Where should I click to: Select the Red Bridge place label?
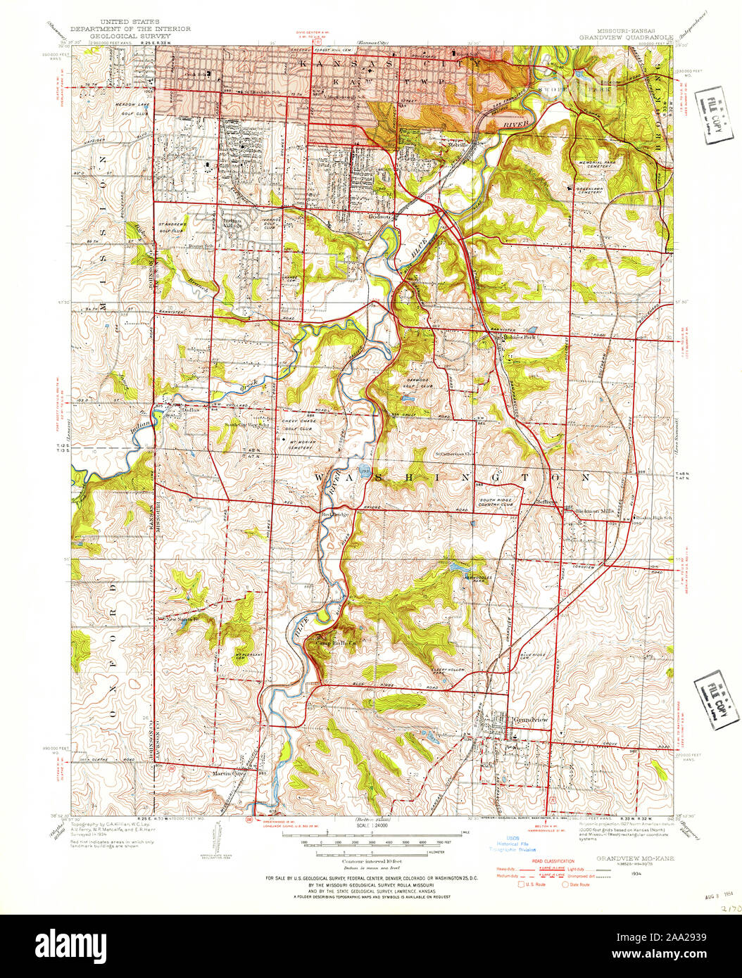[x=335, y=514]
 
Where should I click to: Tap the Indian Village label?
[x=232, y=223]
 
